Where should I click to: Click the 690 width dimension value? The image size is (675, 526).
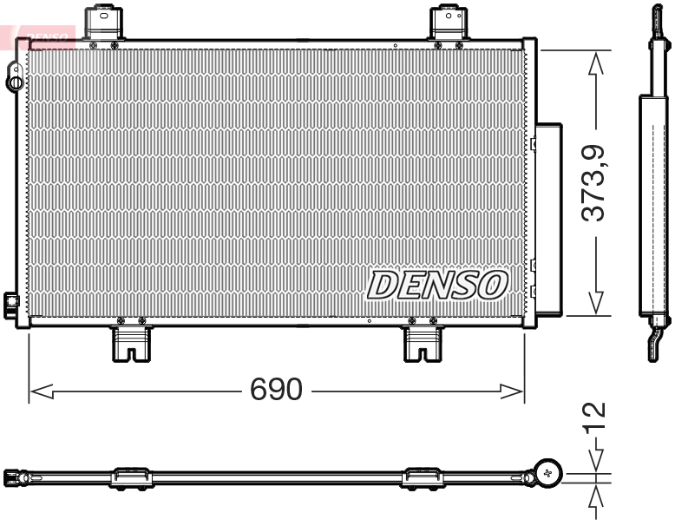click(276, 390)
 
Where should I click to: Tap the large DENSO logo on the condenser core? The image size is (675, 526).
click(438, 284)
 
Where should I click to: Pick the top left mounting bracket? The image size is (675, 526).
click(103, 23)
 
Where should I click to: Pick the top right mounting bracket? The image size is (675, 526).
click(449, 23)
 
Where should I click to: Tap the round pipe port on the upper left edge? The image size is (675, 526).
click(15, 82)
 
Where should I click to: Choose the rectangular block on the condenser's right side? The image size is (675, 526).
click(548, 217)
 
